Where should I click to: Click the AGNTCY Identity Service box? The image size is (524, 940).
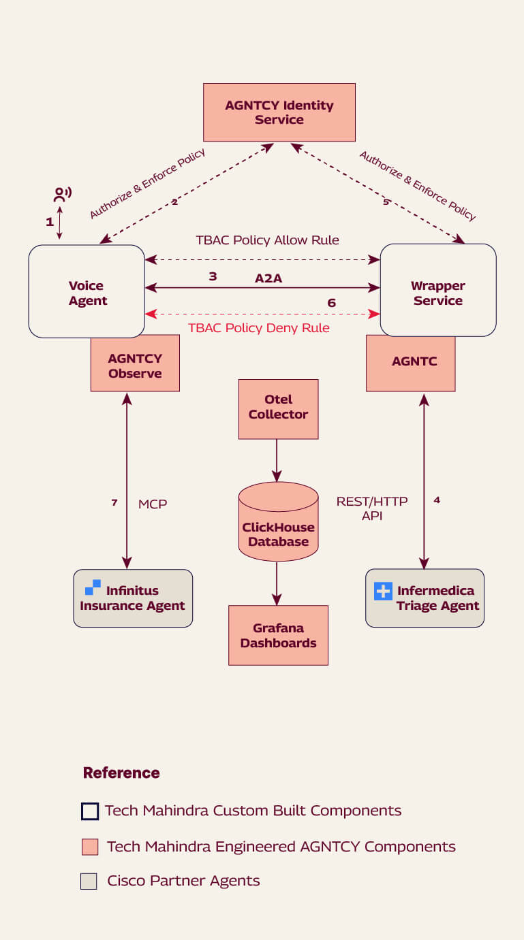tap(279, 112)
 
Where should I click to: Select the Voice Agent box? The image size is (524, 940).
tap(87, 291)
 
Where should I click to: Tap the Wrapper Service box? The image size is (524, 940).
tap(437, 291)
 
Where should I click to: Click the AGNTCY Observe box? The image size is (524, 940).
tap(135, 366)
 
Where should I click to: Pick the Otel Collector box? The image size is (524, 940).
tap(278, 408)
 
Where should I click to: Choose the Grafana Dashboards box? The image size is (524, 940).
tap(278, 635)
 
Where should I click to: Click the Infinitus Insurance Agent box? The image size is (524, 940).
tap(133, 598)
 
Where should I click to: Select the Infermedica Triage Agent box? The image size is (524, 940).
tap(425, 598)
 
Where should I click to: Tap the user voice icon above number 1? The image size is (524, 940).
tap(62, 195)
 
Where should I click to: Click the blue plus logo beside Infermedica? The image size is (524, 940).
tap(383, 591)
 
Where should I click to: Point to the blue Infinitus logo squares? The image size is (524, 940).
tap(93, 587)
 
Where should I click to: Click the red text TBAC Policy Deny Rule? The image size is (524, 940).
tap(258, 328)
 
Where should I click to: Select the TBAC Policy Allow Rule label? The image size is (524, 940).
tap(267, 240)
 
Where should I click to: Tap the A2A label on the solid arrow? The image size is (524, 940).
tap(269, 278)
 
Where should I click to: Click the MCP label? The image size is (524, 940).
tap(153, 504)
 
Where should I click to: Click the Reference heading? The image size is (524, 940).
tap(121, 773)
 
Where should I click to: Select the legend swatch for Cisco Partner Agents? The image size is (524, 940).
tap(89, 881)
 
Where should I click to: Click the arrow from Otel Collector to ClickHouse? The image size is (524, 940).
tap(277, 460)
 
